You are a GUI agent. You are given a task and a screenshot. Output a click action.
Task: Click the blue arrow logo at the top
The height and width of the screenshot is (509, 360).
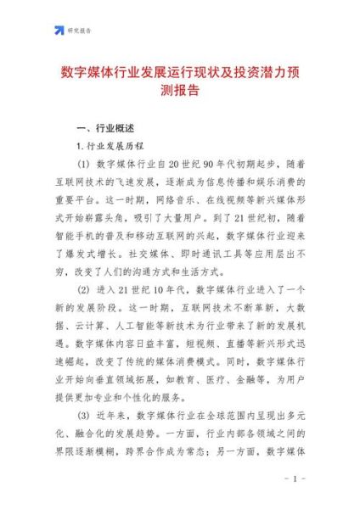click(x=59, y=31)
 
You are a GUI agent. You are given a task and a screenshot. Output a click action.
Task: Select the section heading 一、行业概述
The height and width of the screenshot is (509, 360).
click(x=105, y=128)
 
